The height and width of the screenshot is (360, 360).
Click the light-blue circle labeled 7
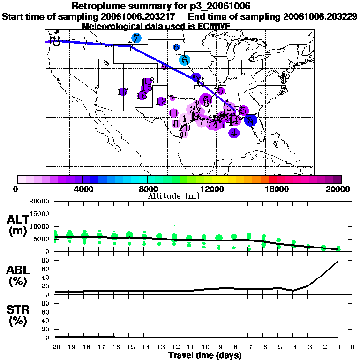(136, 38)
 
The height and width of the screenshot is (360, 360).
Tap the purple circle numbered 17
(123, 92)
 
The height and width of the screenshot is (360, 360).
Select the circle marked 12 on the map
(161, 101)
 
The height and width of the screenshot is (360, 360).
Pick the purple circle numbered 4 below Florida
(234, 133)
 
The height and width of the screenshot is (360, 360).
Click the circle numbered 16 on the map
(142, 96)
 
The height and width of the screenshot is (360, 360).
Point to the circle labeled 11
(173, 113)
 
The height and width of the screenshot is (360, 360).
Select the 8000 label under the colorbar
(147, 189)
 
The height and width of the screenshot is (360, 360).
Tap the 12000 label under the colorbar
(212, 189)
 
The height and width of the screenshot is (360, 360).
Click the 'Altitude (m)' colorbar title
(173, 196)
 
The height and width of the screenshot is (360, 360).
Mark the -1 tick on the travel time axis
(337, 347)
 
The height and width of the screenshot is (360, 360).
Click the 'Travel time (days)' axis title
(205, 355)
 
